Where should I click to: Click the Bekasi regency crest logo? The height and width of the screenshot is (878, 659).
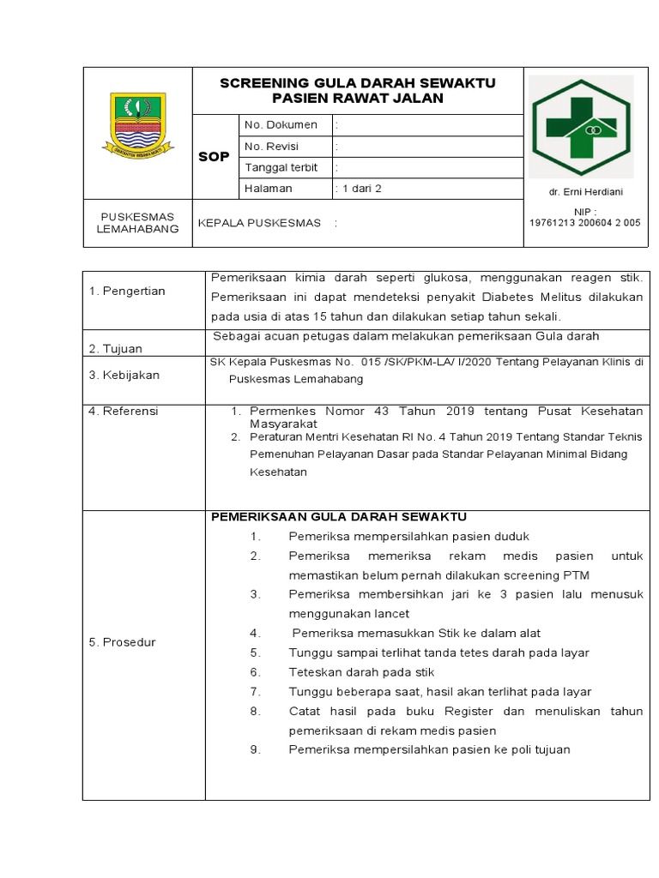[x=137, y=127]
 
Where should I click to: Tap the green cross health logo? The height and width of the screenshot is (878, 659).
[x=580, y=125]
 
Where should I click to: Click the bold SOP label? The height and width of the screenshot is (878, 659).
[x=214, y=157]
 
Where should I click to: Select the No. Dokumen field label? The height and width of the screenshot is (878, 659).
[x=281, y=124]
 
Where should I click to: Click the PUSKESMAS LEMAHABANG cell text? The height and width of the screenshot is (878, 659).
[x=138, y=223]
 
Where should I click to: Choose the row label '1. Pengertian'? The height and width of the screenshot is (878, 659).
[x=127, y=292]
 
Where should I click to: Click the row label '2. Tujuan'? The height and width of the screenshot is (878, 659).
[x=116, y=349]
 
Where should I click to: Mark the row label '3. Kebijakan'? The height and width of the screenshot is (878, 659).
[x=124, y=376]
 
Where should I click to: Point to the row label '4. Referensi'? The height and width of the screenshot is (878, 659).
[x=124, y=412]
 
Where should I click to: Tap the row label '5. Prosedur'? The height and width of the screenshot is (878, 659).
[x=123, y=642]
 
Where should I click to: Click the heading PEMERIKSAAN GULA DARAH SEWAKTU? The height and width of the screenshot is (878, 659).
[x=339, y=516]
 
